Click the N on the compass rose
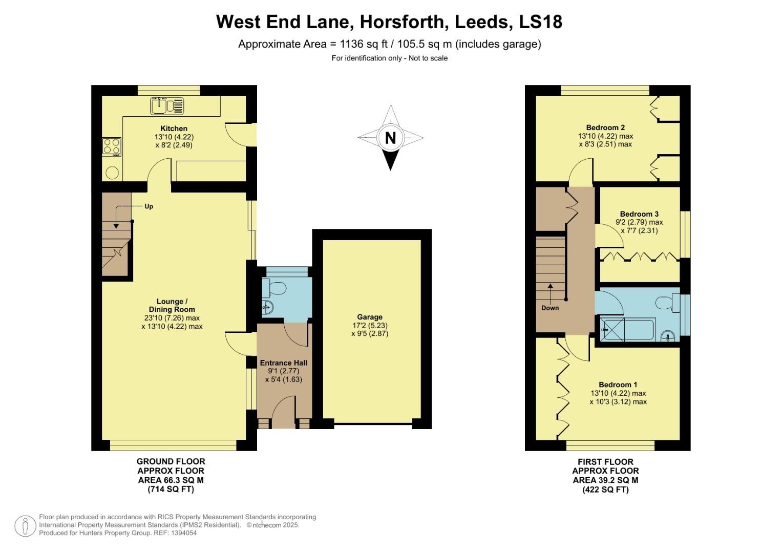click(x=390, y=138)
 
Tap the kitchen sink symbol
click(x=167, y=106)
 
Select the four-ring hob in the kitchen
click(x=112, y=146)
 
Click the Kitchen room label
click(x=174, y=129)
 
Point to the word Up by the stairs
click(x=149, y=207)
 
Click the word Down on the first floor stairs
click(x=550, y=308)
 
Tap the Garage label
click(x=370, y=317)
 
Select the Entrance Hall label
click(x=284, y=363)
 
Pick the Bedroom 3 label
click(x=639, y=214)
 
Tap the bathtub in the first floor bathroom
click(x=628, y=329)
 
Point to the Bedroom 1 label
click(x=618, y=385)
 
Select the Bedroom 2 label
click(x=605, y=127)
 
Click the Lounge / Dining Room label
click(x=172, y=305)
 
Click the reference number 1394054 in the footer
click(x=183, y=533)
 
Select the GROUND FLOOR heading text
click(x=171, y=462)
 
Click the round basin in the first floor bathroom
click(x=667, y=336)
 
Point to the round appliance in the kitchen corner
click(x=112, y=173)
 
